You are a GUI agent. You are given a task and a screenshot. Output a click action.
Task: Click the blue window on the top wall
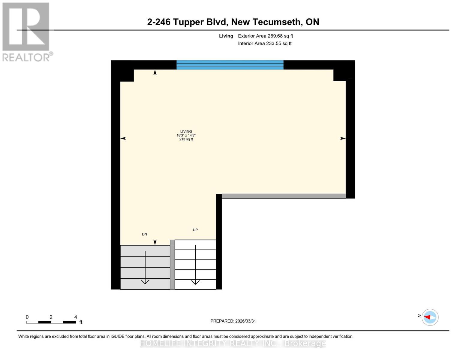230,65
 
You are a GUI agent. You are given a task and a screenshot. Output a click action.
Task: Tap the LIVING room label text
186,131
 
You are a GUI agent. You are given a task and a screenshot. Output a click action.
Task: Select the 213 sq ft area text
186,139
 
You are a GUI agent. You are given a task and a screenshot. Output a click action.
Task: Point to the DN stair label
144,234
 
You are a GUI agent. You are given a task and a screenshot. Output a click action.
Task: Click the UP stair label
195,230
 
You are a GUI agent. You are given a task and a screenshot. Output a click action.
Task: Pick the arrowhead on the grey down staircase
145,282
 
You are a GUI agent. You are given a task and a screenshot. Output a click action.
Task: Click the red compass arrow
427,317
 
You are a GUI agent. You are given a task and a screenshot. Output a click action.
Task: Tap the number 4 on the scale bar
76,317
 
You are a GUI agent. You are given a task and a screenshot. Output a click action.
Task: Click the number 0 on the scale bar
27,317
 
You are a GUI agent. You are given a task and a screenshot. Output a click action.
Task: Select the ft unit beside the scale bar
81,322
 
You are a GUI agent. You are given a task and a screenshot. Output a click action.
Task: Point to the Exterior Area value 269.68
275,36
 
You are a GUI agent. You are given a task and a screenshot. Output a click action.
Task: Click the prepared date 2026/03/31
245,321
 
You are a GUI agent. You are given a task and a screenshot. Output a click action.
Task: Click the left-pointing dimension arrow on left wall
123,138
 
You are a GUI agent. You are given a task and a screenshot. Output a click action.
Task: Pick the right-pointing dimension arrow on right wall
343,138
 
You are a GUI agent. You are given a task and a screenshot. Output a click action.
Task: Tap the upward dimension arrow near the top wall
155,72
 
